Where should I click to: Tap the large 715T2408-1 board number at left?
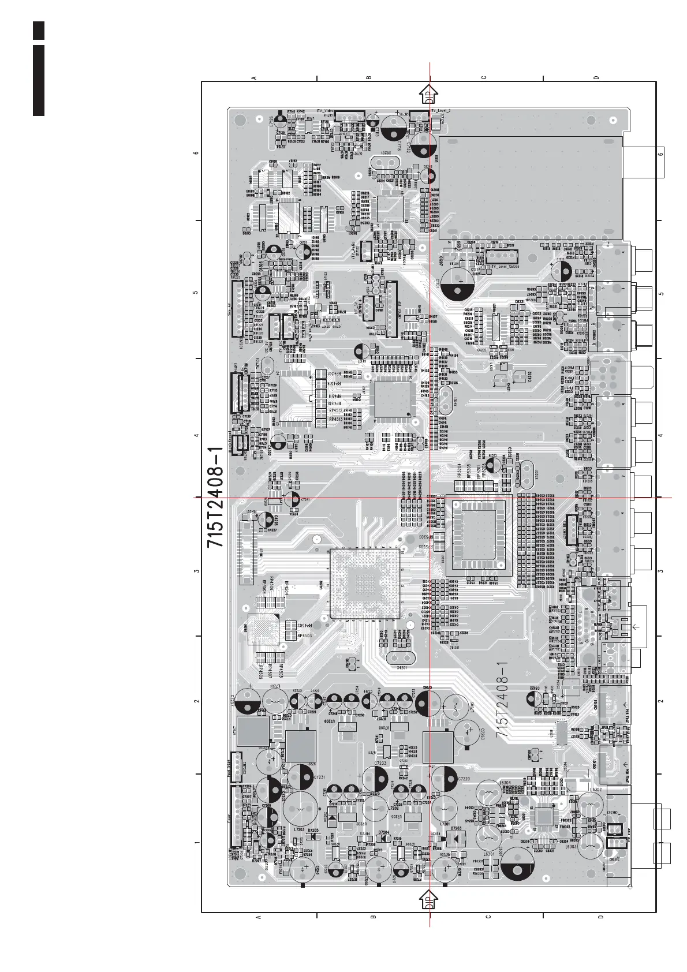coord(216,497)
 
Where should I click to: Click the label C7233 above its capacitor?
coord(380,763)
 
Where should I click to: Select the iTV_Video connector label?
coord(325,110)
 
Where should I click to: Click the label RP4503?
coord(304,635)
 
